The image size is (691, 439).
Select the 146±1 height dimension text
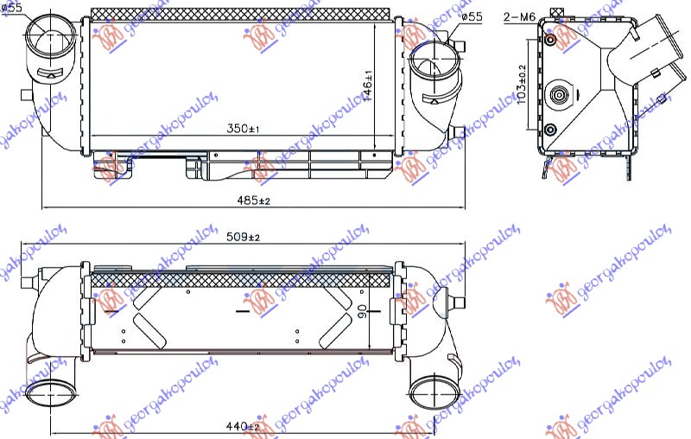367,84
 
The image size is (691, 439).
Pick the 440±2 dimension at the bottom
242,426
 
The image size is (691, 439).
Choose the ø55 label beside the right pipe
472,17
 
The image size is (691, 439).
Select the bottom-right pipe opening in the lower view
428,392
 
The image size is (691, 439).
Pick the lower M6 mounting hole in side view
551,130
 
